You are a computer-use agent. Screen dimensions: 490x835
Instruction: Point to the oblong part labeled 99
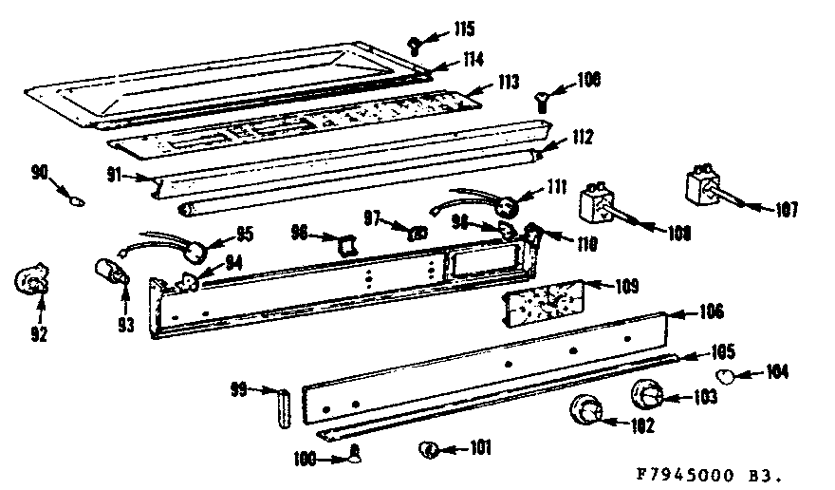tap(281, 405)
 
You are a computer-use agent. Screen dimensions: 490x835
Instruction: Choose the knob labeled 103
tap(647, 391)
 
